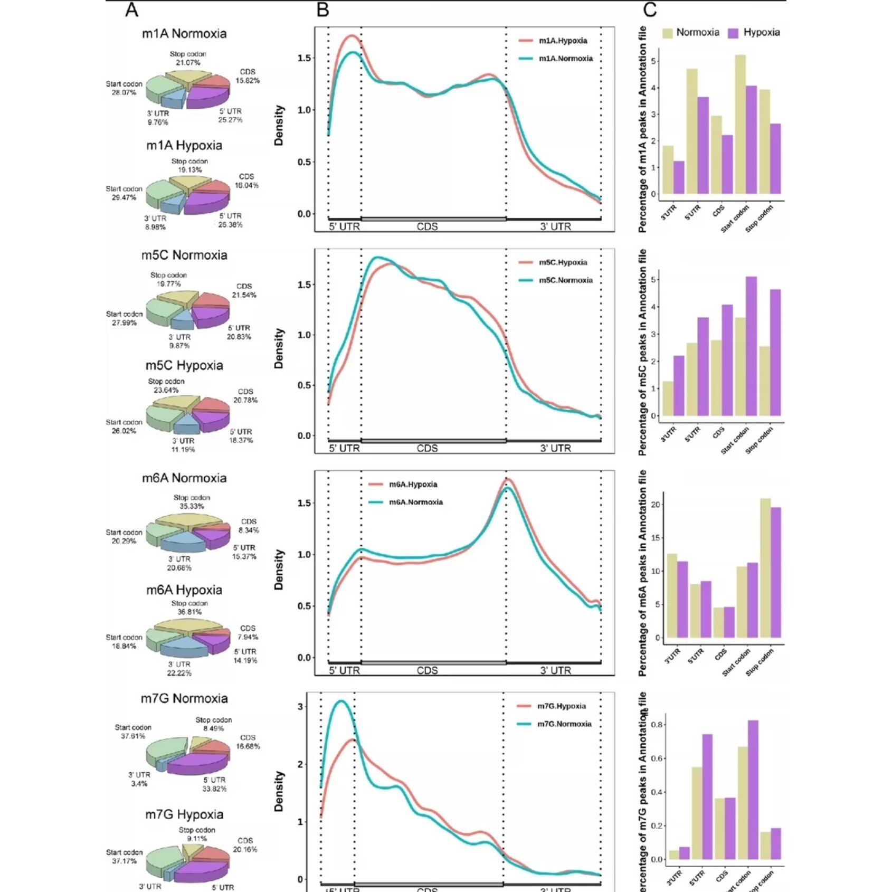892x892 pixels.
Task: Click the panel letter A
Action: [x=131, y=10]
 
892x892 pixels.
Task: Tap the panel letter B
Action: [x=322, y=10]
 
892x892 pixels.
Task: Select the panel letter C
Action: [x=650, y=10]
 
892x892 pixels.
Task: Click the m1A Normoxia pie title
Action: [x=184, y=34]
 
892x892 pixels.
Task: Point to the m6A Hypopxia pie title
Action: [x=184, y=590]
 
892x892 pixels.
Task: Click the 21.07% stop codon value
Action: [x=188, y=63]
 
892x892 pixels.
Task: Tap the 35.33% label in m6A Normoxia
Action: [x=192, y=506]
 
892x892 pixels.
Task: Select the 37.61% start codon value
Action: [x=133, y=736]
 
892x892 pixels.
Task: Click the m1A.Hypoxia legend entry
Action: [x=563, y=41]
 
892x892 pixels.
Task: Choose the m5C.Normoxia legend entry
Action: [x=565, y=280]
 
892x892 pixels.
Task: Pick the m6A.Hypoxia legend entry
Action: [x=413, y=485]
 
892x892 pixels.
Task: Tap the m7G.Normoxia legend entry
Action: [x=564, y=724]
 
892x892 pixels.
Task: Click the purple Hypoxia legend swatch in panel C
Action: [x=733, y=33]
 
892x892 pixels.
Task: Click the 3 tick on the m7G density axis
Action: [x=300, y=707]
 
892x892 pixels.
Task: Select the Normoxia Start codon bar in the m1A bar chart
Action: [x=740, y=125]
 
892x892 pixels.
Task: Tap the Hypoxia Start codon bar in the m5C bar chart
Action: [x=751, y=346]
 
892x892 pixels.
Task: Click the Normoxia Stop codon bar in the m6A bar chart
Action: [x=765, y=568]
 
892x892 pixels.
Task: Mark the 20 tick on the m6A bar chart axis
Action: [x=656, y=505]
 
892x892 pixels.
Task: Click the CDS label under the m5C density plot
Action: [x=427, y=448]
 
